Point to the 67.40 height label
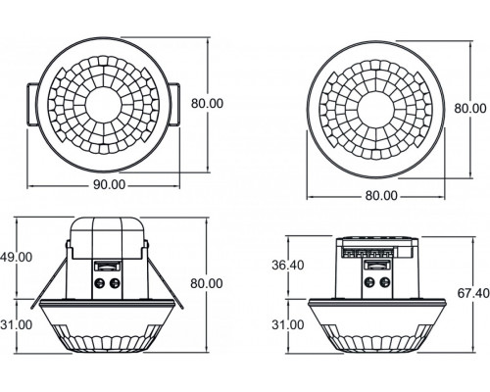(x=467, y=293)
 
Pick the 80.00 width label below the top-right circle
(x=380, y=195)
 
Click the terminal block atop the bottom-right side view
(x=378, y=251)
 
